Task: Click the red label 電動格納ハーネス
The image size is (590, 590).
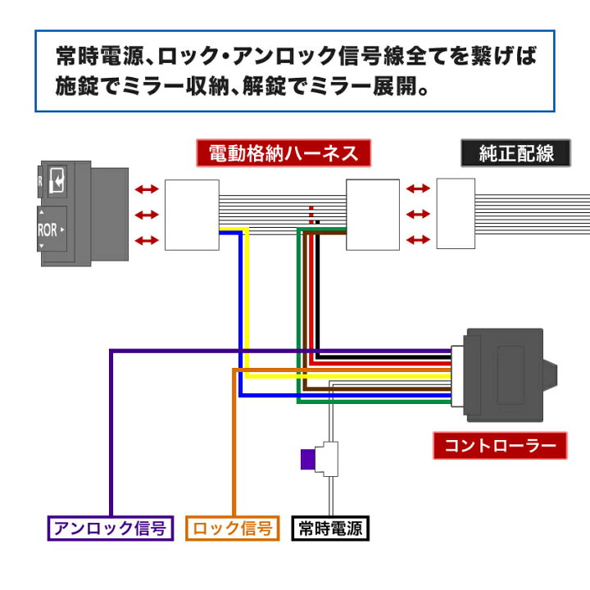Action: click(284, 153)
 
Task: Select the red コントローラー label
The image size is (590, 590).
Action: click(500, 447)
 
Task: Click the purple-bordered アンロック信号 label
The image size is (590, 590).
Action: click(109, 528)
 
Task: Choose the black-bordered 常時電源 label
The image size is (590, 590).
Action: click(331, 528)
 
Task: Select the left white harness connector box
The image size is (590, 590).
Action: click(193, 216)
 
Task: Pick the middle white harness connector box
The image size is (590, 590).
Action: click(373, 216)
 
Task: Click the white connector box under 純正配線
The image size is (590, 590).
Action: click(456, 214)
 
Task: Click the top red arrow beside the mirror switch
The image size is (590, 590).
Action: click(147, 189)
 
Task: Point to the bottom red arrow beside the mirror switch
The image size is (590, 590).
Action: click(147, 241)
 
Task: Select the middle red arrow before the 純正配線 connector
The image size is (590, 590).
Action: click(418, 215)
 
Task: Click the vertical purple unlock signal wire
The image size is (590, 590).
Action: click(111, 434)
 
